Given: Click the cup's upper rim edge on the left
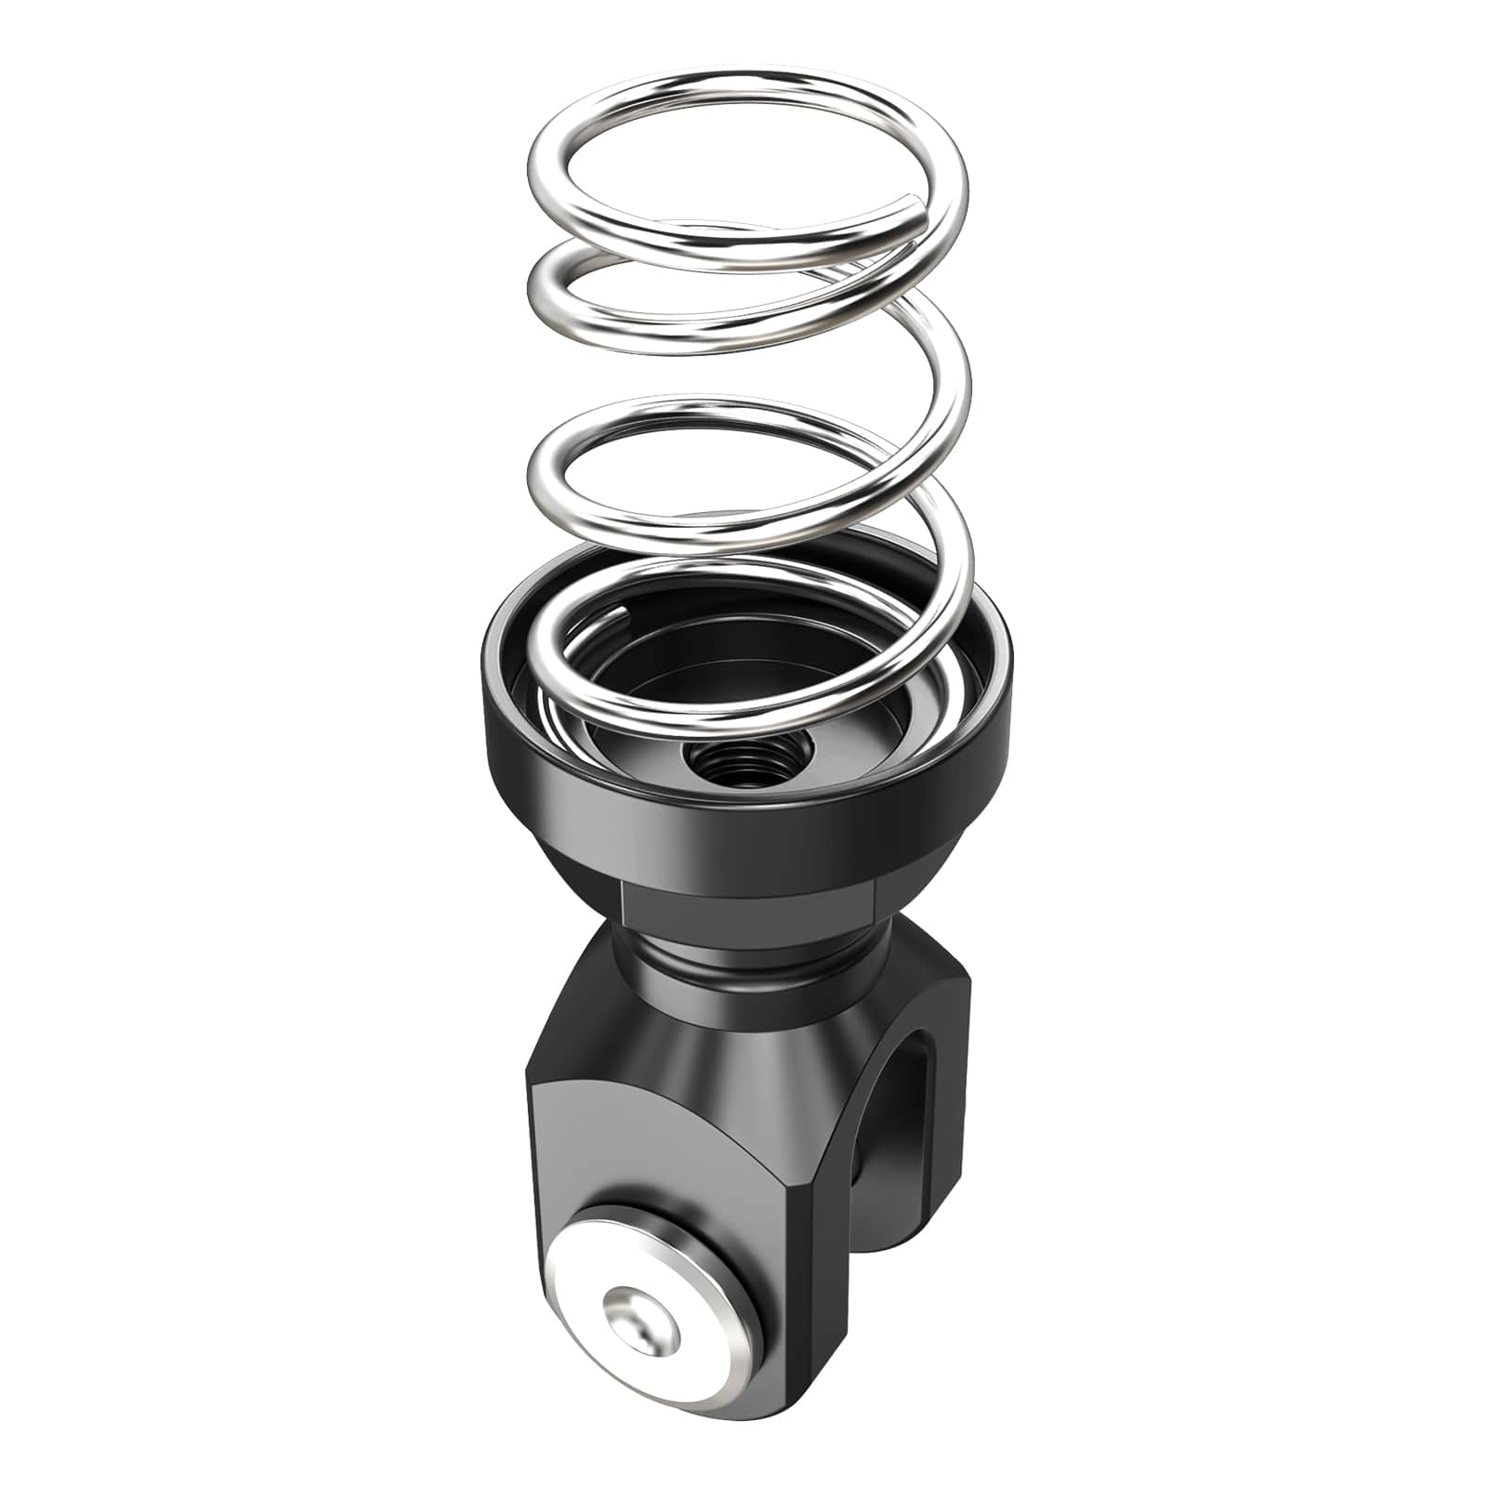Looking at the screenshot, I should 497,632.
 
